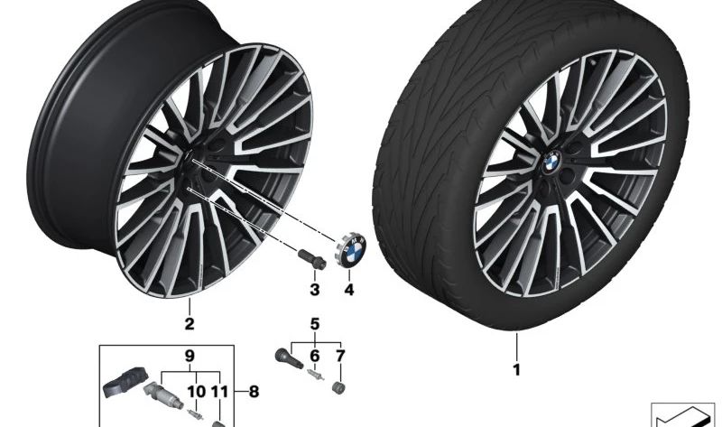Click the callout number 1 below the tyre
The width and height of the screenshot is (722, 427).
(517, 370)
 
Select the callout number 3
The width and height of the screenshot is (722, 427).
(315, 291)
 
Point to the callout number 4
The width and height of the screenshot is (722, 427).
(349, 291)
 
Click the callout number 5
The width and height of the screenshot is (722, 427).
(315, 323)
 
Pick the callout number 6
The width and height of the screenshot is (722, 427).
(315, 356)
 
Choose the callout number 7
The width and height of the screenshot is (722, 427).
(340, 356)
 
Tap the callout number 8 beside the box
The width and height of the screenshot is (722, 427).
(253, 391)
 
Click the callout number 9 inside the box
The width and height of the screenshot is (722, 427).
(190, 357)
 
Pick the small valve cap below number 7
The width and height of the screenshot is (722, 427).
(341, 388)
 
